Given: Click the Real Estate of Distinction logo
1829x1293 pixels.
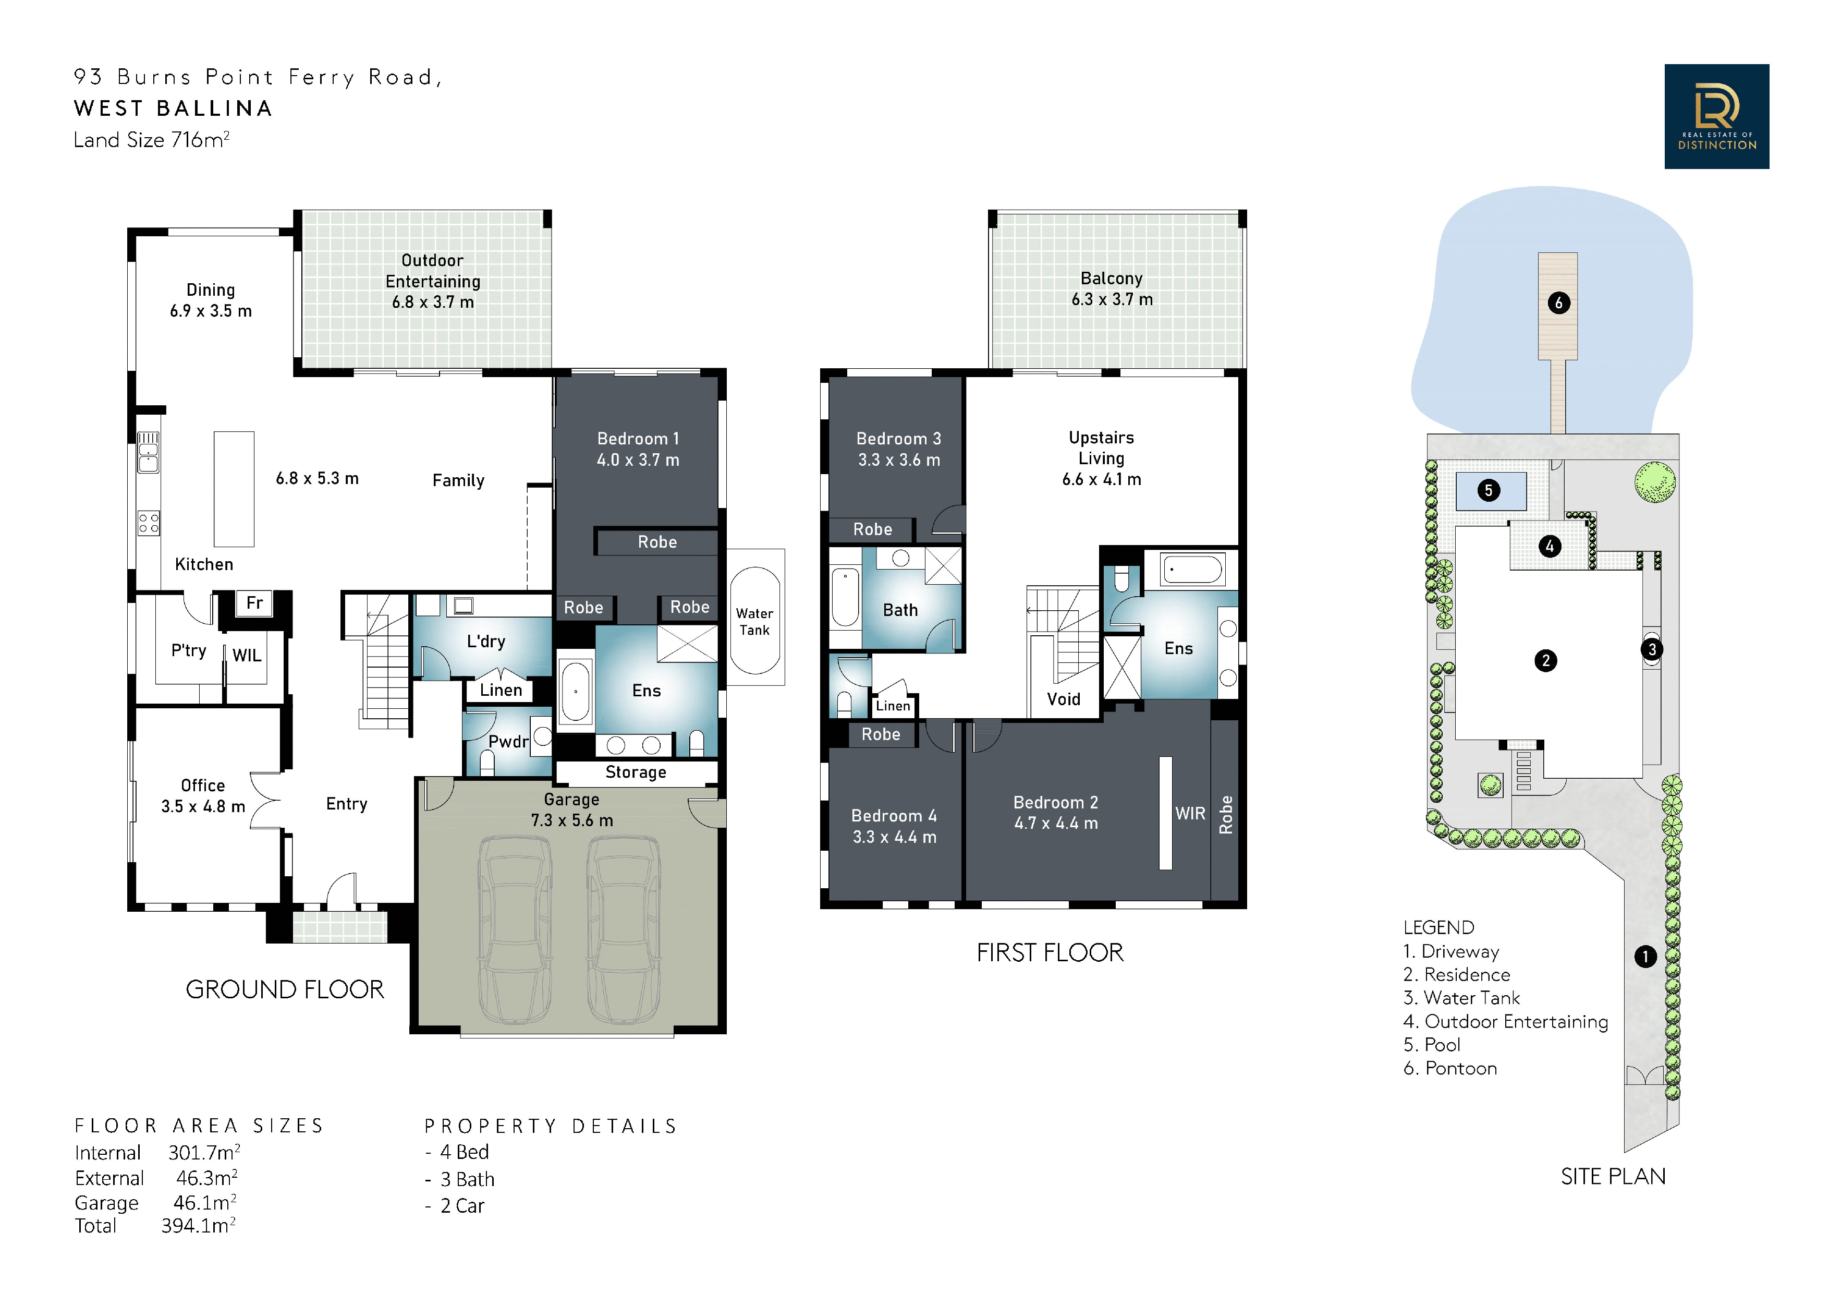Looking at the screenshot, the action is coord(1717,116).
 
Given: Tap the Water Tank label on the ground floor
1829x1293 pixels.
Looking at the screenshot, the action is coord(754,621).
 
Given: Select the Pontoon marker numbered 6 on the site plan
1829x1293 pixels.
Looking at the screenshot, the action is coord(1559,303).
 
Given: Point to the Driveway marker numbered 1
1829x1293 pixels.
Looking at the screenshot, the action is coord(1645,956).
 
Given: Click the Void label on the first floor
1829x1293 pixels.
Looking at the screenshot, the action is coord(1064,699).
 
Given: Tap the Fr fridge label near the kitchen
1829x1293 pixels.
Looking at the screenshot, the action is coord(254,602).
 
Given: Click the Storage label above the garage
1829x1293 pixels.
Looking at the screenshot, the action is coord(636,772).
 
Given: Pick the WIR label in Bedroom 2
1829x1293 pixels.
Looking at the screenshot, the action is coord(1190,813).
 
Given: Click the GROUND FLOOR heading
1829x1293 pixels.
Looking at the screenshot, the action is coord(284,989).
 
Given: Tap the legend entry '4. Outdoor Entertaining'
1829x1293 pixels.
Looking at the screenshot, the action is coord(1506,1021).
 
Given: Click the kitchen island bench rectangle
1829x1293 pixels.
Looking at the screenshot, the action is coord(234,489).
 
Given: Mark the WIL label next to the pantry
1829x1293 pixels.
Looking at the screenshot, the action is coord(247,655).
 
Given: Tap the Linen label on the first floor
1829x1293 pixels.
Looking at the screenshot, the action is coord(893,706).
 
